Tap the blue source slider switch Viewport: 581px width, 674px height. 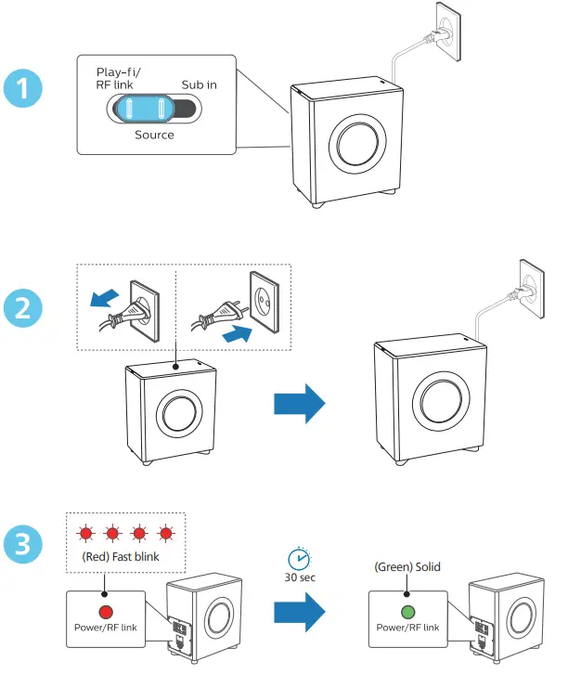(x=145, y=109)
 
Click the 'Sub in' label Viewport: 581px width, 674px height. (x=199, y=84)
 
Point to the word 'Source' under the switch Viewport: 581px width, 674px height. (x=154, y=135)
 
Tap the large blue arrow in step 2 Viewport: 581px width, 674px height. (x=300, y=404)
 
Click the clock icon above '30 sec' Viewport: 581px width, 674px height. (x=299, y=559)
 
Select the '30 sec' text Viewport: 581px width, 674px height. (x=299, y=577)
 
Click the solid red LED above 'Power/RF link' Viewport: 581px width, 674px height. (x=105, y=613)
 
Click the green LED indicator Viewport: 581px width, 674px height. (x=407, y=613)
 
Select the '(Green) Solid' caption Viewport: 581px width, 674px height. (x=407, y=567)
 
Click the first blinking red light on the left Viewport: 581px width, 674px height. (x=86, y=534)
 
